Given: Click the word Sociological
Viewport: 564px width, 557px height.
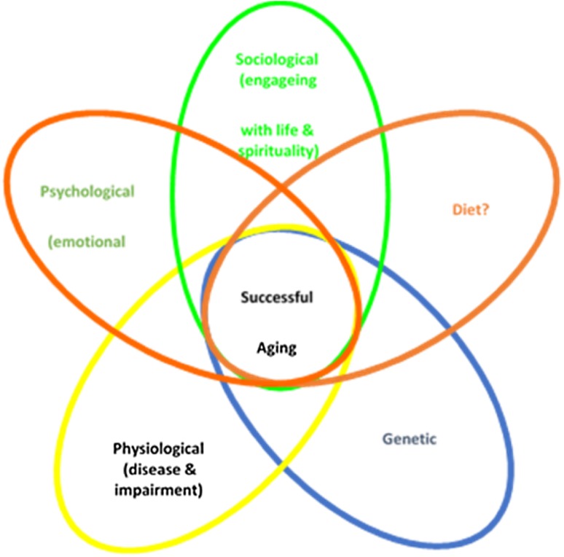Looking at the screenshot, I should (278, 58).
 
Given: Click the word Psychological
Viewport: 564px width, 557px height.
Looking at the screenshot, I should (87, 192).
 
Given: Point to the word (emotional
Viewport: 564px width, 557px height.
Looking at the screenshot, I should (86, 241).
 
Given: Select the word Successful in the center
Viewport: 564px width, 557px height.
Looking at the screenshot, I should (277, 297).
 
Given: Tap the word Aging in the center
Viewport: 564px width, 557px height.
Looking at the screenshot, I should (277, 347).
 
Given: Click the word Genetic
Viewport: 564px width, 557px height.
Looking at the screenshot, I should (409, 439).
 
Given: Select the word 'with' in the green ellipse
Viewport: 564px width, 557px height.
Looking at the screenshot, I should (255, 131).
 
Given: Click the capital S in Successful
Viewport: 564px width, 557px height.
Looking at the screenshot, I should (245, 297).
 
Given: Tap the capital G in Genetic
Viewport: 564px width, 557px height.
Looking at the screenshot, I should (387, 439).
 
